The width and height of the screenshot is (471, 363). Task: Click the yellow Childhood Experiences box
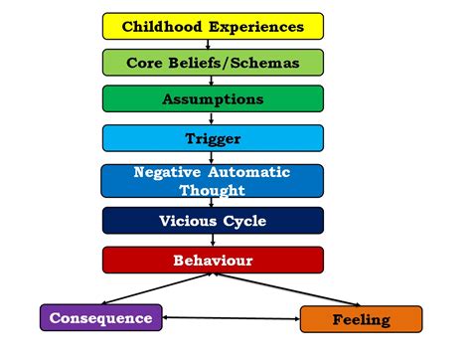point(213,26)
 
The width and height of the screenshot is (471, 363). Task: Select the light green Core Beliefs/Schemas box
point(213,63)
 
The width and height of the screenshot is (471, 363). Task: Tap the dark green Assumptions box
point(213,99)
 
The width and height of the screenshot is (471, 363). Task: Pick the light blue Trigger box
point(213,138)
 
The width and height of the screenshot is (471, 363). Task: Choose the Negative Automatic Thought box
point(213,180)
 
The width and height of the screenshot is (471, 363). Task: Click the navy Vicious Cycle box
point(213,220)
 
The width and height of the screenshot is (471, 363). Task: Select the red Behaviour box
point(213,261)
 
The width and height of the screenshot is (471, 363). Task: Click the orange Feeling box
point(361,319)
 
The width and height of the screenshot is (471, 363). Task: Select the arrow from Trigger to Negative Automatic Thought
point(213,157)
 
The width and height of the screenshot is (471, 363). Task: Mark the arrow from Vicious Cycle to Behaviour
point(213,240)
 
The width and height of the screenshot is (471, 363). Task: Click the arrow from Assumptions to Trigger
point(213,118)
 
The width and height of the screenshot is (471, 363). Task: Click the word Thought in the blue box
point(213,188)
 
